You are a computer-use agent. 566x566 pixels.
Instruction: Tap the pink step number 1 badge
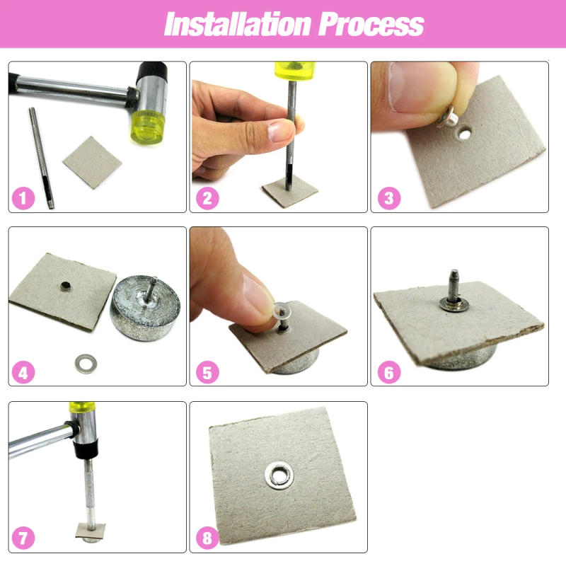pyautogui.click(x=23, y=198)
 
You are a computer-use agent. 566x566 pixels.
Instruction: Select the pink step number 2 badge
pyautogui.click(x=206, y=198)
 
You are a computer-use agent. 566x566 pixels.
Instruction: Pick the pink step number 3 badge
pyautogui.click(x=388, y=198)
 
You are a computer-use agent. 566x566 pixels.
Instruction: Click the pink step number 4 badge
pyautogui.click(x=23, y=372)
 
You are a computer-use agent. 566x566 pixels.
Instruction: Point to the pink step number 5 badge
pyautogui.click(x=206, y=372)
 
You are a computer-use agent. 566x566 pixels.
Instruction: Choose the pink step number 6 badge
pyautogui.click(x=388, y=372)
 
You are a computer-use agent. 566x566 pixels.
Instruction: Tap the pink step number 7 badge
pyautogui.click(x=23, y=538)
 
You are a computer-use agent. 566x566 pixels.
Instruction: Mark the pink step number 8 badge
pyautogui.click(x=206, y=538)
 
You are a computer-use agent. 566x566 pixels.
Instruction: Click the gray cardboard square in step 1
pyautogui.click(x=92, y=165)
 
